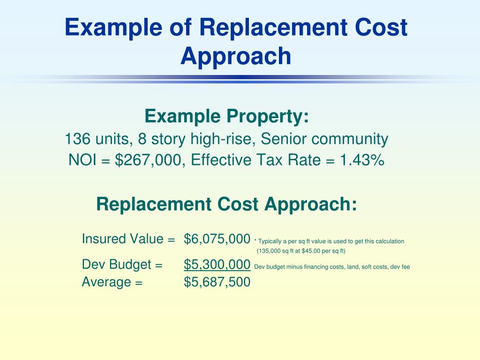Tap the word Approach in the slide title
click(236, 56)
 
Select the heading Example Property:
click(226, 116)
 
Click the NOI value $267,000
click(148, 160)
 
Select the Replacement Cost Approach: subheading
click(226, 204)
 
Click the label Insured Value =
click(128, 239)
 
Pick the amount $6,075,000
click(217, 239)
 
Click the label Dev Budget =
click(122, 265)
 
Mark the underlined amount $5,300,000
click(217, 265)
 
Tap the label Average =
click(112, 282)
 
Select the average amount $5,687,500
click(217, 282)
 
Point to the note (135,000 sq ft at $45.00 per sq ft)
click(301, 251)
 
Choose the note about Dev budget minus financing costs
click(332, 267)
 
